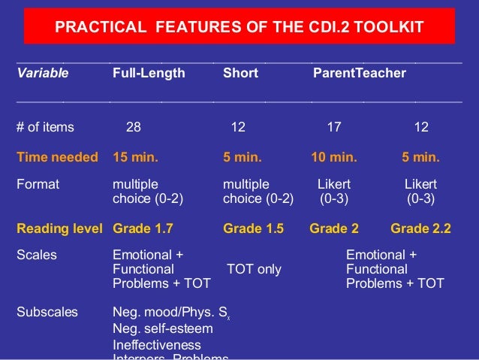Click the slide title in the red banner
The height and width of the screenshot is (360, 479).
(239, 28)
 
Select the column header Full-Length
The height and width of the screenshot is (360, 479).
(148, 73)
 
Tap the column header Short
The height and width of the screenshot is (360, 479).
(240, 73)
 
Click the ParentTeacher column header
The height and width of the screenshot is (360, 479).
(359, 73)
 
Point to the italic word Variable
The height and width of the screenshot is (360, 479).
(43, 73)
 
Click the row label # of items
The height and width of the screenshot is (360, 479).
(45, 127)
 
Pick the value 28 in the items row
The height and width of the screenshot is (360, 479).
(133, 127)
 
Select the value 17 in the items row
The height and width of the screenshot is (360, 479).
(333, 127)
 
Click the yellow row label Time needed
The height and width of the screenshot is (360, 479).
(57, 157)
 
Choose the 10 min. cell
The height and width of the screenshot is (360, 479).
(333, 157)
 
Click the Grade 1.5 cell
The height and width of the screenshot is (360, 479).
(253, 229)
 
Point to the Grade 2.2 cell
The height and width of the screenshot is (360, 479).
(420, 229)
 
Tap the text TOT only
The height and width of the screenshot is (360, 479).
(254, 269)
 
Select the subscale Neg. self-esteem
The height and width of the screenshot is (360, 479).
(158, 329)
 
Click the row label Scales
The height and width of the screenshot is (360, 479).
(36, 255)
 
